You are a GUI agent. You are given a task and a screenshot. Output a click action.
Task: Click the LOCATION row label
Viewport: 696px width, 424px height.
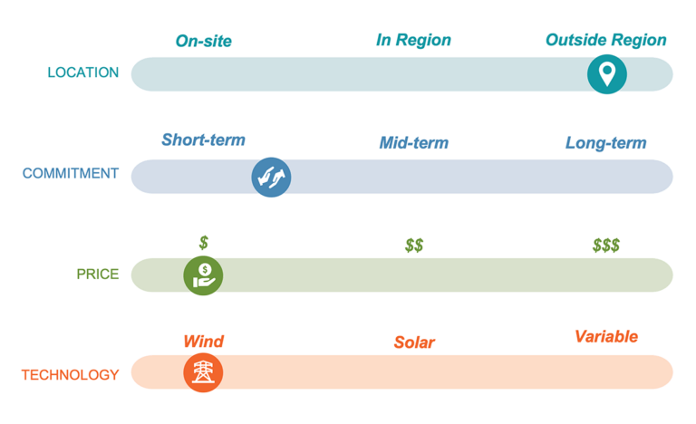82,72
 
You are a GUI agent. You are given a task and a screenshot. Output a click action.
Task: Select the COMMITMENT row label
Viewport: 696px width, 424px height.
70,173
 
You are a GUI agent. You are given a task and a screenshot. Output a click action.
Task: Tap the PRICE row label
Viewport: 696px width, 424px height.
98,274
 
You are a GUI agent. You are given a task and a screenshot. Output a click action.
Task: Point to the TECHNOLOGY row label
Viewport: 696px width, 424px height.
70,374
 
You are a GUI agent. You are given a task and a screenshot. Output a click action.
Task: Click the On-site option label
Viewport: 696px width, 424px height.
204,41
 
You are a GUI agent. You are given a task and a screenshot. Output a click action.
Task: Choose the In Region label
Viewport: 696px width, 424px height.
413,40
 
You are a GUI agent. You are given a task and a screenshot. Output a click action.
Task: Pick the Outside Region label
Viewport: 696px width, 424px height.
605,40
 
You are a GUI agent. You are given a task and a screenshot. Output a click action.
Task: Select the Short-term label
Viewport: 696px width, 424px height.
203,140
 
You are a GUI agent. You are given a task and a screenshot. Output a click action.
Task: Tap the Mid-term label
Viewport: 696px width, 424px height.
413,143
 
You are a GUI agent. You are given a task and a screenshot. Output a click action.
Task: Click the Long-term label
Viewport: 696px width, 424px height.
605,143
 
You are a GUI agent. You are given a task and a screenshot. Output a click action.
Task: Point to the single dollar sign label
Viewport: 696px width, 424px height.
204,242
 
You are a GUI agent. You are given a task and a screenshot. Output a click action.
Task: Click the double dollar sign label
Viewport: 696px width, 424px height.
414,246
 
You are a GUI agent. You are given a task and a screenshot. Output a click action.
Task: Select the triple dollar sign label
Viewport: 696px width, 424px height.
606,246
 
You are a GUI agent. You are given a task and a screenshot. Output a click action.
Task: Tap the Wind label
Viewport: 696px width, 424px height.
203,342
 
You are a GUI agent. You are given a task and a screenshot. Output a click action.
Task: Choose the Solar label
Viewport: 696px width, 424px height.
414,342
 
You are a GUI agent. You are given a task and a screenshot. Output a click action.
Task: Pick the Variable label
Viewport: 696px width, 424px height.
606,336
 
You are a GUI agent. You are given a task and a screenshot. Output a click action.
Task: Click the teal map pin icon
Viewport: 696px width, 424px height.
607,73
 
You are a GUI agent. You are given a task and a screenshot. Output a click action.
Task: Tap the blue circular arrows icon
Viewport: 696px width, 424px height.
271,177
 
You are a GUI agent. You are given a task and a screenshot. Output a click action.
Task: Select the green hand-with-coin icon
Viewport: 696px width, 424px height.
203,274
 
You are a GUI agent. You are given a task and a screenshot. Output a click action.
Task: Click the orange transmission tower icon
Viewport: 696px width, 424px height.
203,371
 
